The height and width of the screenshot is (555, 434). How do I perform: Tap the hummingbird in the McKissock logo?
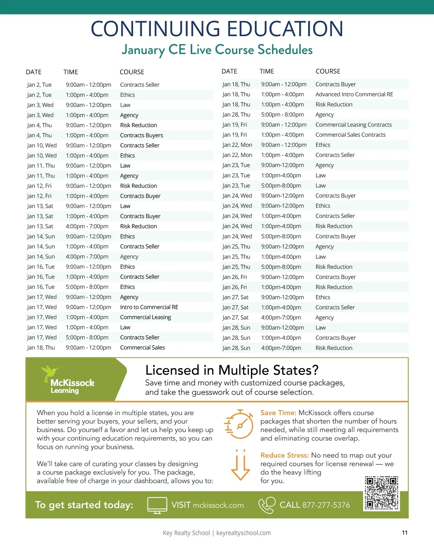50,372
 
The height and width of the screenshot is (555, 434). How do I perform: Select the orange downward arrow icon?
240,465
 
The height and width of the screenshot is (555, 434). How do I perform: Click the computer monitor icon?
157,505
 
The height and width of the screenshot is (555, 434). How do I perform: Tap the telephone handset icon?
267,505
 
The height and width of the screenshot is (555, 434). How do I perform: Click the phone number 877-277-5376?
326,505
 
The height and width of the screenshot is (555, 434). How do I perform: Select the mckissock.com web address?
218,505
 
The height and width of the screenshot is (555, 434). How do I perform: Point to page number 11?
405,533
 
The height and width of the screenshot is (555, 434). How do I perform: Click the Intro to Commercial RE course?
149,307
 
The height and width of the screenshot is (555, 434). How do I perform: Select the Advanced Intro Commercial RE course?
354,94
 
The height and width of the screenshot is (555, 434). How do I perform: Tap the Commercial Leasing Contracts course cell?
353,125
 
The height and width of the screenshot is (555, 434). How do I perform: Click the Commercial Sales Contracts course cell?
350,135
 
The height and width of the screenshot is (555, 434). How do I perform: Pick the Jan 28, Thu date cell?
236,115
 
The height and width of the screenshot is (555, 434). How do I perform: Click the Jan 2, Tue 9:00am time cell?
88,85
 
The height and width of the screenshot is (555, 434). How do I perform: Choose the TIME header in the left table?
71,72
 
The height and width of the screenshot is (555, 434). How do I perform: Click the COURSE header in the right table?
328,71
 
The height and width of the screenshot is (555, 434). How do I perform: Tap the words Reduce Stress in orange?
284,455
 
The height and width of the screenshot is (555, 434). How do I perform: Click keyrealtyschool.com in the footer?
243,533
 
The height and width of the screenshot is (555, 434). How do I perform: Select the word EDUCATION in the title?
285,29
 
